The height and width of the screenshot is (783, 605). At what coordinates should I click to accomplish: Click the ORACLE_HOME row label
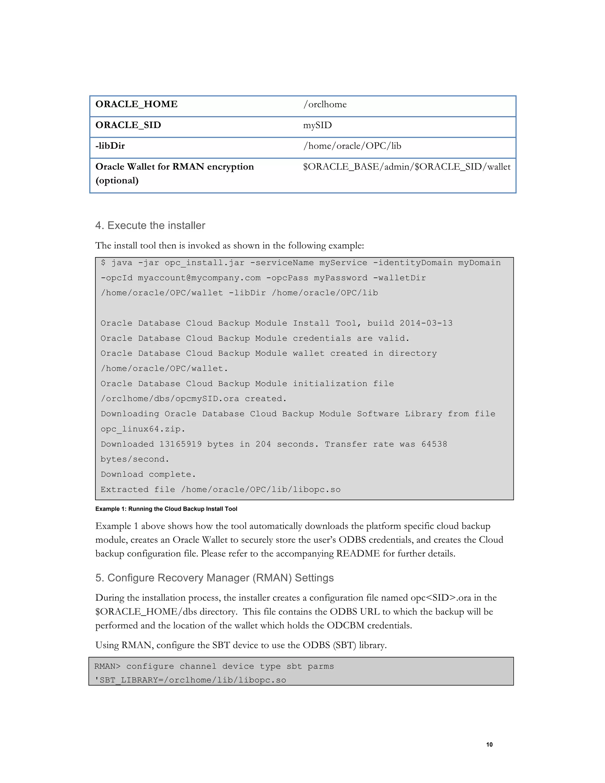[x=136, y=104]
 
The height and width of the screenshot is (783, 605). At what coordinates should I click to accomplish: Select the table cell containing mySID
[x=317, y=125]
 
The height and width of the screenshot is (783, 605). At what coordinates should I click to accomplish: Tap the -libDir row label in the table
[x=110, y=146]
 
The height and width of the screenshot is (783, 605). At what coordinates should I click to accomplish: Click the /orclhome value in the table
[x=325, y=104]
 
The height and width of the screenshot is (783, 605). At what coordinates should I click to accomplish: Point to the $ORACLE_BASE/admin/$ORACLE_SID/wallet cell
[x=406, y=167]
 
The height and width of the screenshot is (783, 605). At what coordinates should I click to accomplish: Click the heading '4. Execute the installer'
[x=150, y=225]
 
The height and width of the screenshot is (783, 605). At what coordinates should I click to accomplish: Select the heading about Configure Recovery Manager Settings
[x=214, y=578]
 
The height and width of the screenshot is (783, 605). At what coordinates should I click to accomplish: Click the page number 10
[x=489, y=745]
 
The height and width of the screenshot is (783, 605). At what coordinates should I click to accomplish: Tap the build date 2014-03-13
[x=426, y=323]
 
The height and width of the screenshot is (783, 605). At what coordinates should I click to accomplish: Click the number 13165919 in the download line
[x=180, y=444]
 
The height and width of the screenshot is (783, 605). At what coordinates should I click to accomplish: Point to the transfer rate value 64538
[x=434, y=444]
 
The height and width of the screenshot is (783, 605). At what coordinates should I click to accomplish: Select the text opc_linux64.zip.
[x=142, y=429]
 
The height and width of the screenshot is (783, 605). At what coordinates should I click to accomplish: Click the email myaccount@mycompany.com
[x=199, y=278]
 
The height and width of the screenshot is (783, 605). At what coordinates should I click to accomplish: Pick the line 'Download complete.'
[x=148, y=474]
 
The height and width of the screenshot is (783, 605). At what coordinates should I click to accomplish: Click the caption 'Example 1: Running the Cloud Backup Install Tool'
[x=166, y=509]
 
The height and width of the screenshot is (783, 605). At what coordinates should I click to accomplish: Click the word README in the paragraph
[x=357, y=553]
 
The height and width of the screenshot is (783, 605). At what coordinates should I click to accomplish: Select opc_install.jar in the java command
[x=204, y=263]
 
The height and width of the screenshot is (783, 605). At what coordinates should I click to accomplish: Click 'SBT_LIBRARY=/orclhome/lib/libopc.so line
[x=190, y=680]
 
